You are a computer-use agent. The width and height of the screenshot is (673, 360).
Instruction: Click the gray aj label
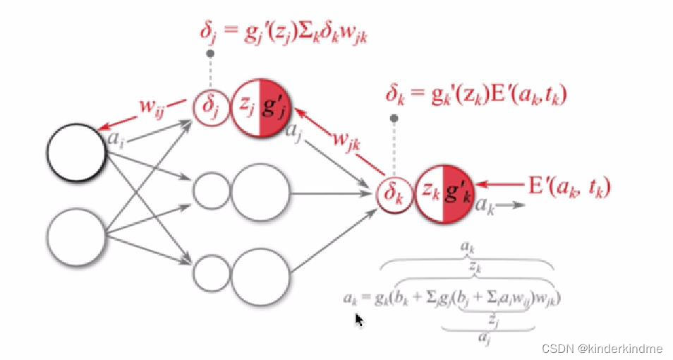click(296, 131)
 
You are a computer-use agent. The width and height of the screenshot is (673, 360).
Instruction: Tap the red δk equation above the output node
click(476, 94)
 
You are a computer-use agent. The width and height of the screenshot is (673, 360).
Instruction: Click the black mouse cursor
click(359, 320)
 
